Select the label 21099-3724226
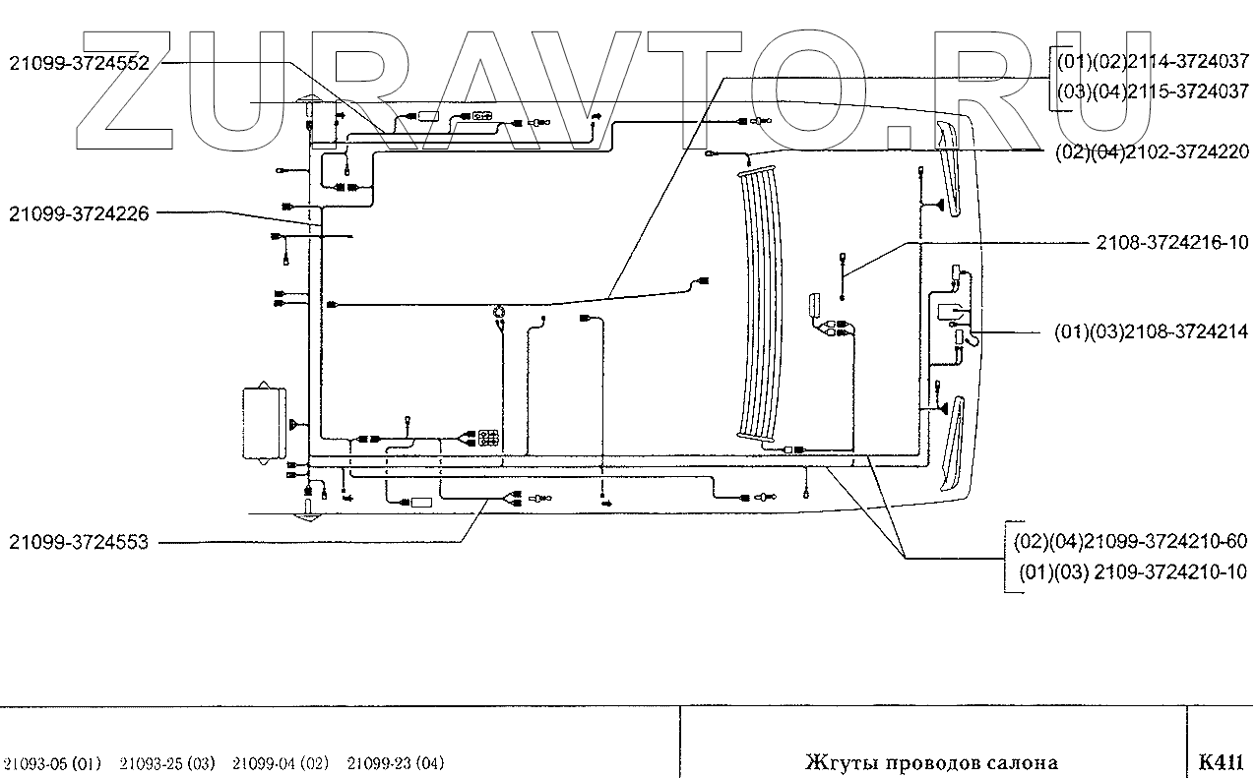point(79,212)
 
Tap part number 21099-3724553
point(79,541)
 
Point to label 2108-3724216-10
point(1171,242)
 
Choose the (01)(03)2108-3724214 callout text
point(1151,333)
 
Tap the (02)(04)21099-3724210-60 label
point(1130,542)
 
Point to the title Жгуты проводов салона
point(931,762)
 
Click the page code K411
point(1222,762)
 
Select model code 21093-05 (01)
point(52,763)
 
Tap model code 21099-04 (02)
point(281,763)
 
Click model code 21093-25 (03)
point(166,763)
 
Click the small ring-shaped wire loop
point(499,313)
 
